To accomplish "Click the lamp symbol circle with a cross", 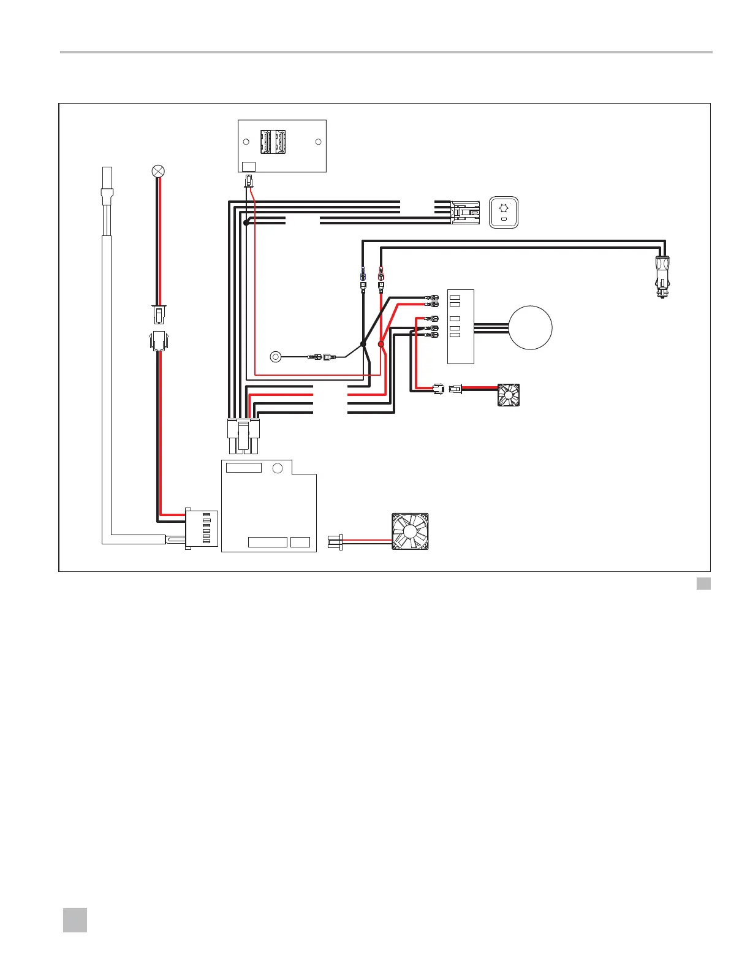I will coord(158,172).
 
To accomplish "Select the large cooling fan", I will coord(410,531).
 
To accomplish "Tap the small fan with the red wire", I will coord(509,395).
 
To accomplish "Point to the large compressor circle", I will coord(531,327).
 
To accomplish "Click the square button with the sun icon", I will coord(504,212).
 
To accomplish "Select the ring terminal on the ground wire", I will coord(276,356).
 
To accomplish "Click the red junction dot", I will coord(381,345).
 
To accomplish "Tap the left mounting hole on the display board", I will coord(246,142).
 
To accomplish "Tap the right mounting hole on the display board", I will coord(318,142).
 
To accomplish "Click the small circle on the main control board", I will coord(277,468).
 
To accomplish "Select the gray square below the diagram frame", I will coord(703,583).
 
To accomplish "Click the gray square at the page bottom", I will coord(75,920).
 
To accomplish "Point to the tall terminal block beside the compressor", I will coord(461,326).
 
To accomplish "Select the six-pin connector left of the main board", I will coord(202,528).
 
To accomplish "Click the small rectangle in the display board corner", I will coord(249,166).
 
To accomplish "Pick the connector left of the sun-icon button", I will coord(465,212).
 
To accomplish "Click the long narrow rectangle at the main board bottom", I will coord(268,542).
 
